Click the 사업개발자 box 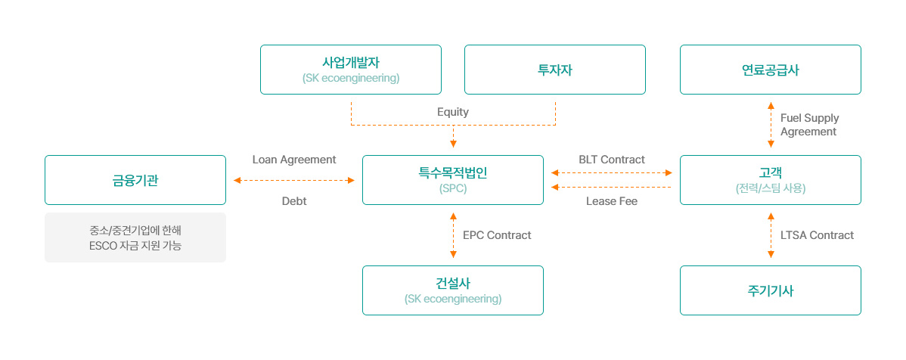click(x=351, y=70)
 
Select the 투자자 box click(x=554, y=70)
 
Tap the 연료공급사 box click(x=770, y=70)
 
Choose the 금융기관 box click(x=135, y=180)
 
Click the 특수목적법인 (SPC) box click(x=453, y=180)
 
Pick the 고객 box click(x=770, y=180)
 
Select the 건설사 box click(x=453, y=290)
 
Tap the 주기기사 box click(x=770, y=290)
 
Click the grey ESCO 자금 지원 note click(x=135, y=237)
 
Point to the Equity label click(x=453, y=112)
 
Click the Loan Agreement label click(x=294, y=160)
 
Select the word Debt click(x=294, y=201)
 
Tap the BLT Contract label click(x=612, y=160)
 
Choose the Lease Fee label click(x=612, y=202)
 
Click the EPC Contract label click(x=497, y=235)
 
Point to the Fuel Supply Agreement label click(x=809, y=125)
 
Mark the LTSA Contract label click(x=817, y=235)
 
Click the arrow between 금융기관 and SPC click(x=294, y=180)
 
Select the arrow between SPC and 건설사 click(x=453, y=235)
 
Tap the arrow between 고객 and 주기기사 click(x=770, y=235)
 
